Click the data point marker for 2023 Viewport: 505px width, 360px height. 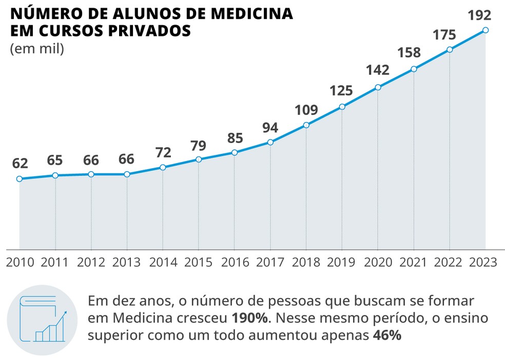point(485,30)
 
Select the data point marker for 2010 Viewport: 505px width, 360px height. point(20,179)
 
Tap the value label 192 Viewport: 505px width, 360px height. point(480,15)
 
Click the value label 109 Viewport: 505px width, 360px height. point(306,110)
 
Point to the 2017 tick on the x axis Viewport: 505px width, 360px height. point(270,262)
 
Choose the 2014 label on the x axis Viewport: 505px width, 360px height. point(163,262)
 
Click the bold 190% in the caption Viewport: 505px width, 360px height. point(250,318)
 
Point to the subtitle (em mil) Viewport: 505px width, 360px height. point(36,50)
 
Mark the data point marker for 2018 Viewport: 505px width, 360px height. point(306,125)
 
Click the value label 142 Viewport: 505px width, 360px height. point(378,70)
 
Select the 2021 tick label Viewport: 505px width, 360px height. point(414,262)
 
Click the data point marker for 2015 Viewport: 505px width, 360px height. point(199,159)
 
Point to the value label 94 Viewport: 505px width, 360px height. point(270,127)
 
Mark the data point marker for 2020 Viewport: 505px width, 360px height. point(378,87)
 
